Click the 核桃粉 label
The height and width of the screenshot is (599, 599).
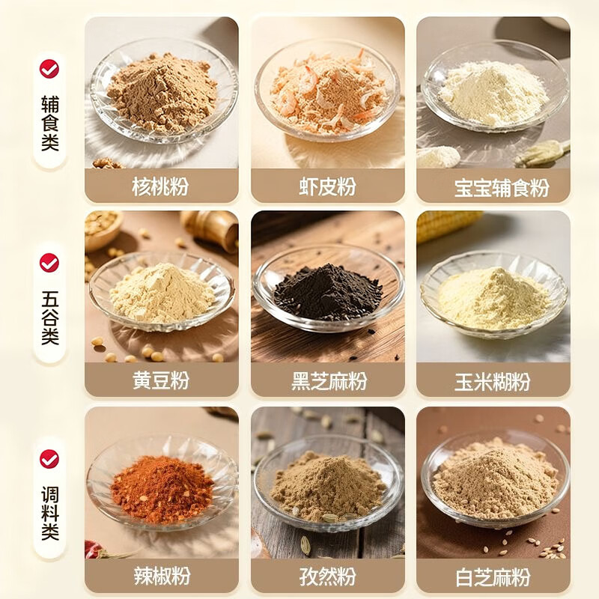(161, 186)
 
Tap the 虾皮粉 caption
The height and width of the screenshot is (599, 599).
(326, 186)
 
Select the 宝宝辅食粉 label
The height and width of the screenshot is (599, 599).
(493, 187)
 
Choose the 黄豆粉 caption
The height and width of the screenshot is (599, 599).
(161, 380)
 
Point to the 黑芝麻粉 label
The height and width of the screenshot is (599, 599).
(326, 381)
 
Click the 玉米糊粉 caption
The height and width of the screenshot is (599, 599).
(493, 381)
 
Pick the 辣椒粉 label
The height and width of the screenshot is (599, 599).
(161, 576)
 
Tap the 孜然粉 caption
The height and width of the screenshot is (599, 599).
(326, 576)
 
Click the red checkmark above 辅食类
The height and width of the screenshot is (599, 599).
(49, 69)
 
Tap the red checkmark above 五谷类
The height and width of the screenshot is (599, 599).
(49, 263)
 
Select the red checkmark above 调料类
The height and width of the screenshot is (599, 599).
(49, 458)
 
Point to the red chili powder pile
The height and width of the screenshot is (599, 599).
(162, 489)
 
